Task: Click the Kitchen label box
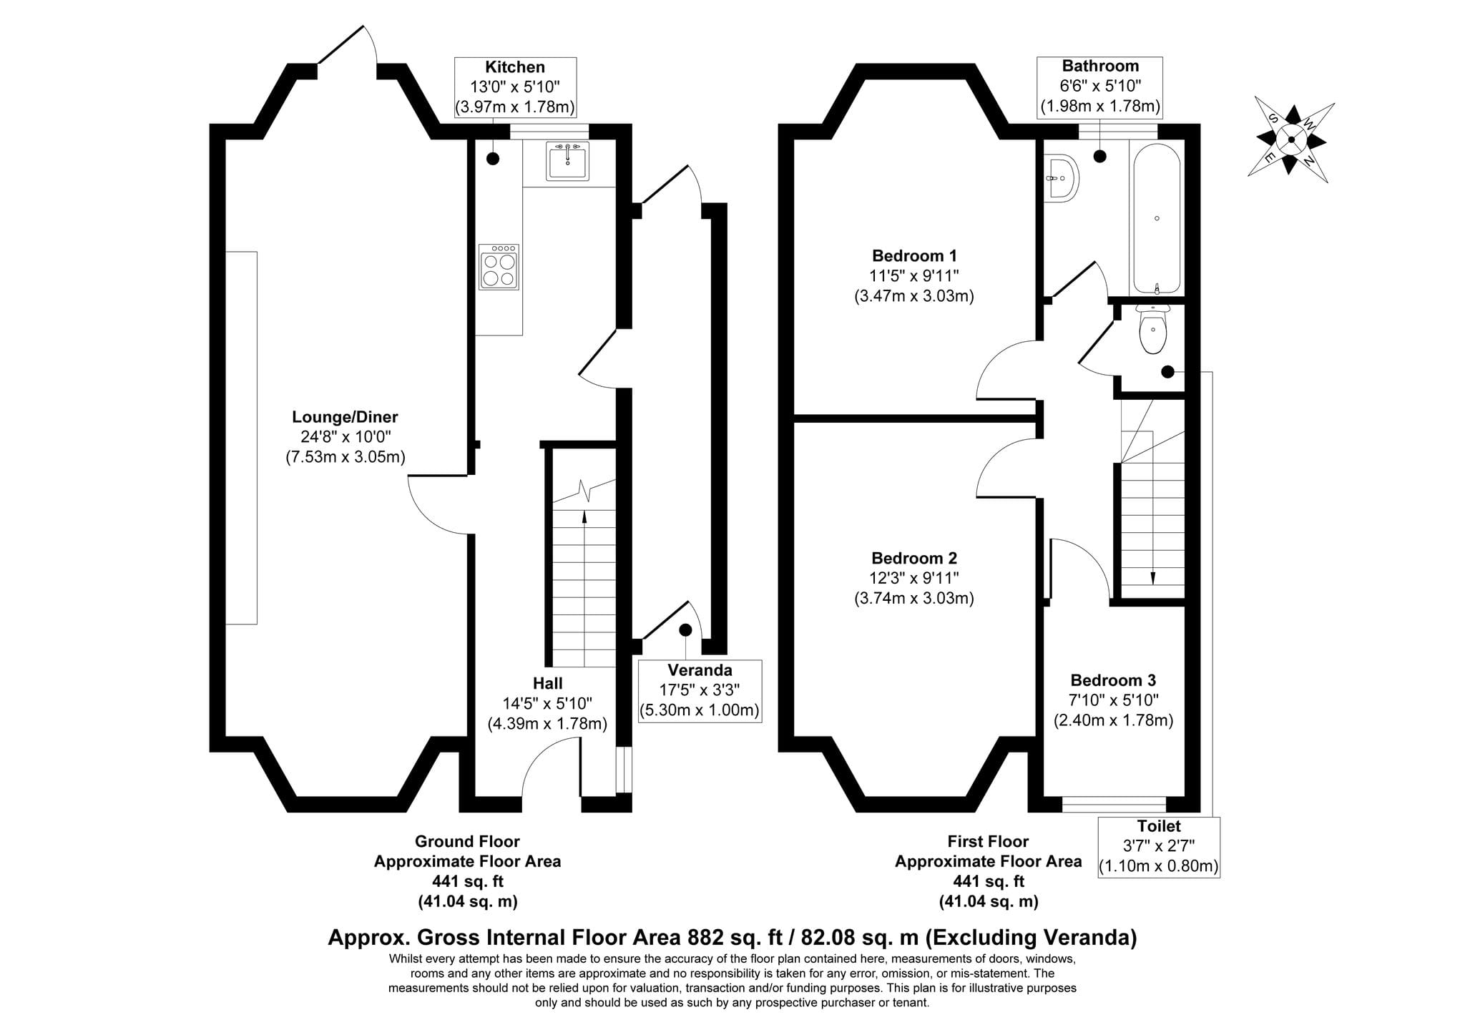tap(515, 87)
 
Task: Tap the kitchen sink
tap(568, 160)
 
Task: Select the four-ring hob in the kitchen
tap(499, 267)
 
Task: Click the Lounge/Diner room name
tap(345, 417)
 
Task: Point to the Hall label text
tap(547, 683)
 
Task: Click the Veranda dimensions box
tap(700, 691)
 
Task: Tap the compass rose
tap(1291, 139)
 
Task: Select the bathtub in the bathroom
tap(1156, 219)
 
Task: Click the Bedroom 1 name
tap(914, 255)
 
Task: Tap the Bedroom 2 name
tap(914, 558)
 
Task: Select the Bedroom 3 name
tap(1113, 680)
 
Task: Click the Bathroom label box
tap(1100, 87)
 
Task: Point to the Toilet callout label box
tap(1159, 848)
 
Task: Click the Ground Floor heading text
tap(467, 842)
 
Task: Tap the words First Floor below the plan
tap(988, 842)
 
